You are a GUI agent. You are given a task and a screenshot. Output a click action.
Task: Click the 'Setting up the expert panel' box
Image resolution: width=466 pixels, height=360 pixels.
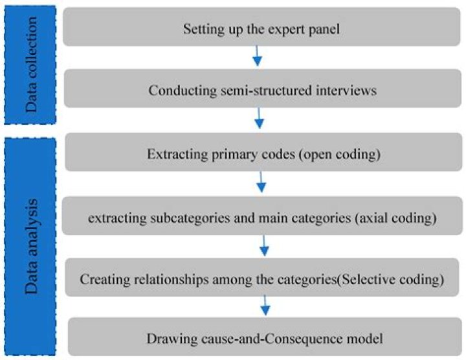coord(262,29)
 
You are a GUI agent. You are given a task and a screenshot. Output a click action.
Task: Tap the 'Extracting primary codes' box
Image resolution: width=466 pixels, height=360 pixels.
coord(262,155)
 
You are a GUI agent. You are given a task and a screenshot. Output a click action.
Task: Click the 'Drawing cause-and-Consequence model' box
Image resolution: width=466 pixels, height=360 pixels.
coord(262,337)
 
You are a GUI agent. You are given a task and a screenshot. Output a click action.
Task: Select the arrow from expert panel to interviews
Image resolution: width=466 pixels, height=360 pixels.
coord(257,56)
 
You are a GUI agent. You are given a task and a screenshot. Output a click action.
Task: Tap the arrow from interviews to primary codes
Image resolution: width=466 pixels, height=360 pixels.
coord(259,119)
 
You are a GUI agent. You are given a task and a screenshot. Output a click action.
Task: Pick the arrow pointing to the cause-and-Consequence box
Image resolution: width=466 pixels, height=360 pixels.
coord(265,304)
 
